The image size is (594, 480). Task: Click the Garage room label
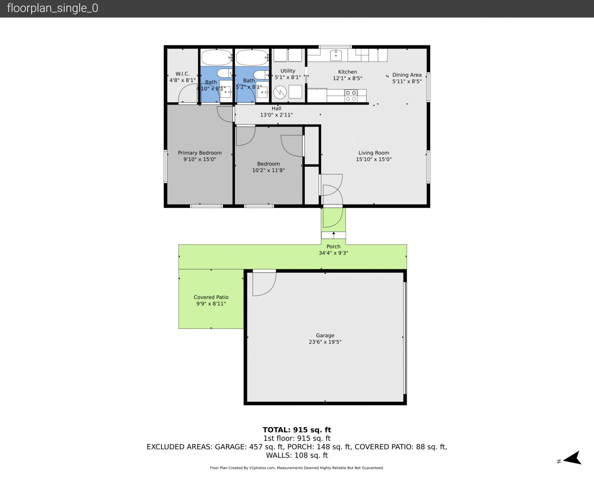325,336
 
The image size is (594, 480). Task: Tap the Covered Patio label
211,297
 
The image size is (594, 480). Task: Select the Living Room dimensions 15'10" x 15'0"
374,160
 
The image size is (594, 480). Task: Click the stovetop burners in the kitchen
351,96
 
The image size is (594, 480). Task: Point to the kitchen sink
336,56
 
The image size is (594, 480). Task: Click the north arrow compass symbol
573,458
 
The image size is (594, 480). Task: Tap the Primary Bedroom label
200,152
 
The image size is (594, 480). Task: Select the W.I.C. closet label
182,74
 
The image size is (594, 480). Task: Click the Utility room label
288,71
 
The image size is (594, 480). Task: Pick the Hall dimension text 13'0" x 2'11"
276,115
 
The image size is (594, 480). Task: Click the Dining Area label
407,75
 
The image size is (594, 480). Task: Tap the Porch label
334,247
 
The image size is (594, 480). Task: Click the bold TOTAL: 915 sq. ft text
297,430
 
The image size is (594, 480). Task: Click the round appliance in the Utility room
280,92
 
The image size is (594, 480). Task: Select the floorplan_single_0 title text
53,8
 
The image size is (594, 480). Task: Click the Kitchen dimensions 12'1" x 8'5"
348,78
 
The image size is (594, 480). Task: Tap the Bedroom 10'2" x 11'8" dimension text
268,170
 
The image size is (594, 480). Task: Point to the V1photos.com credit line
297,468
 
